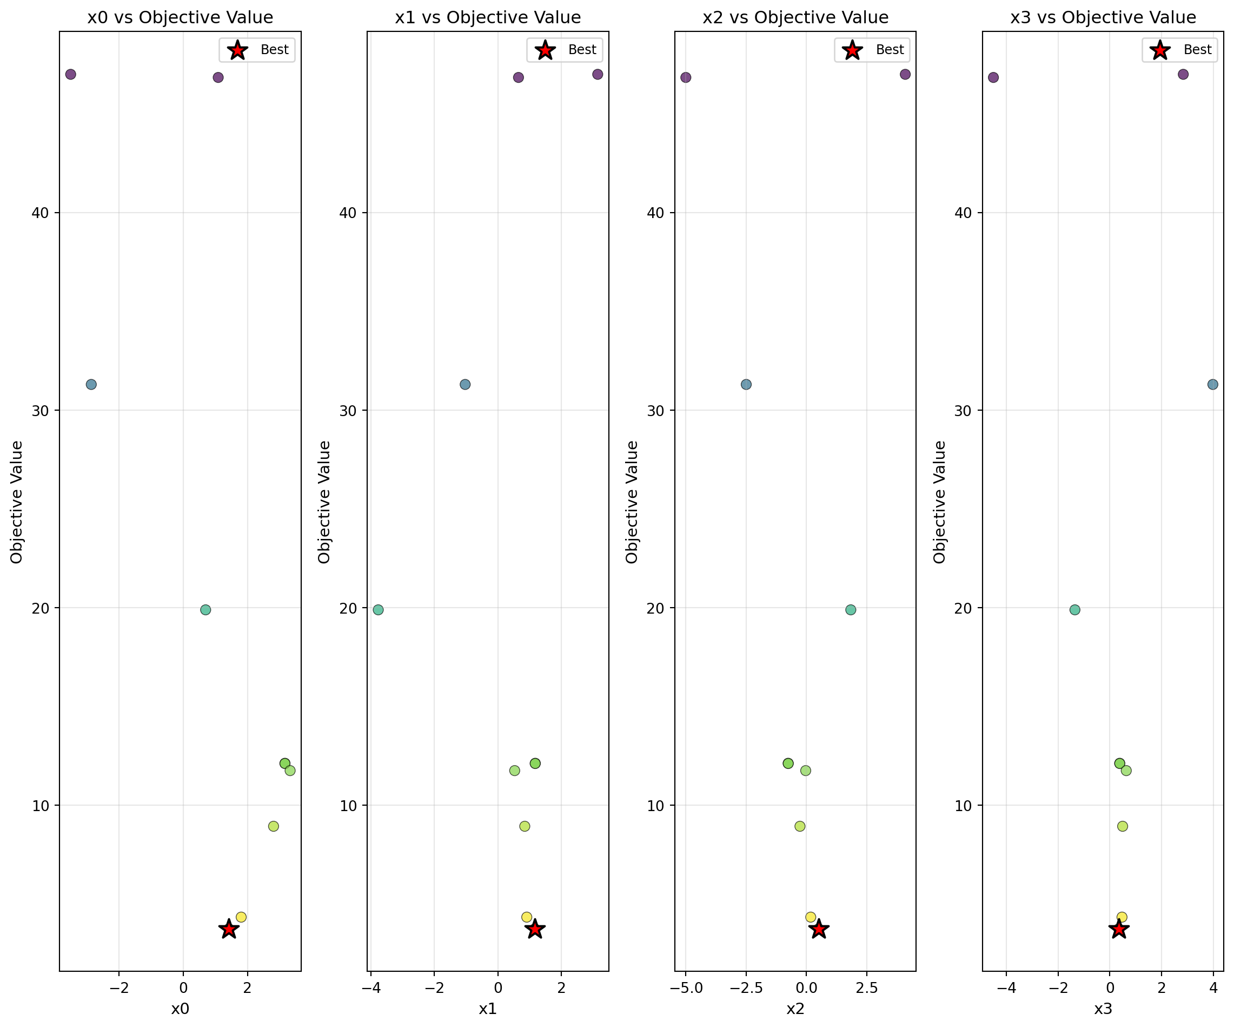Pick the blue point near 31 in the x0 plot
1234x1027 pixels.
(91, 385)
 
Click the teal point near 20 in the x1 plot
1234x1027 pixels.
(379, 610)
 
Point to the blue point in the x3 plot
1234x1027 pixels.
(1212, 385)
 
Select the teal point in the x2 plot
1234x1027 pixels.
(850, 610)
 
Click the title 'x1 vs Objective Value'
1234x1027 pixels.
(488, 18)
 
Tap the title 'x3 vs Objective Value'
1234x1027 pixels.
(1103, 18)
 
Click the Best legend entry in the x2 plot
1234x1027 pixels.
(873, 50)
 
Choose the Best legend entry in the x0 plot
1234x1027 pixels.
(257, 50)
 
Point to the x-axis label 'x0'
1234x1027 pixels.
(180, 1009)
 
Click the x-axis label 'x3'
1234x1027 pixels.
(1103, 1009)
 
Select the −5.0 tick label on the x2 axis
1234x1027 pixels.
(686, 988)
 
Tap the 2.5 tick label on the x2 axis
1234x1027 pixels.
(866, 988)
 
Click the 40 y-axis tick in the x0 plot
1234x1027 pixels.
(40, 213)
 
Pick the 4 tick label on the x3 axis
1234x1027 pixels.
(1213, 988)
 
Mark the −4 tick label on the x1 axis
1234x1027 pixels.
(371, 988)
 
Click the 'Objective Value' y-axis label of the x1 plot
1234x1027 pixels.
(324, 502)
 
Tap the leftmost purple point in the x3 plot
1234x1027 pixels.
(993, 77)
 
